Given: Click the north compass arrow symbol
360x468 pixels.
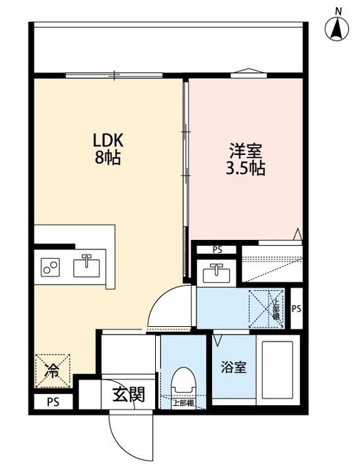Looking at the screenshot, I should tap(338, 29).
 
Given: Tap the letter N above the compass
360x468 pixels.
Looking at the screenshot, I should tap(338, 10).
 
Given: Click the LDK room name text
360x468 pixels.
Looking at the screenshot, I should tap(108, 139).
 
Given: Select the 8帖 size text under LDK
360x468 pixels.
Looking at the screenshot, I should tap(108, 156).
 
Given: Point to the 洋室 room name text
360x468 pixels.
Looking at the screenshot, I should tap(245, 151).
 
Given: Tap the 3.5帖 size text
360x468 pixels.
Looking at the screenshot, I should tap(245, 168).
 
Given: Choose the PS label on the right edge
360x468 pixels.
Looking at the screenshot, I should tap(296, 309).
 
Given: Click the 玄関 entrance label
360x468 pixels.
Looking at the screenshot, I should tap(128, 395).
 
